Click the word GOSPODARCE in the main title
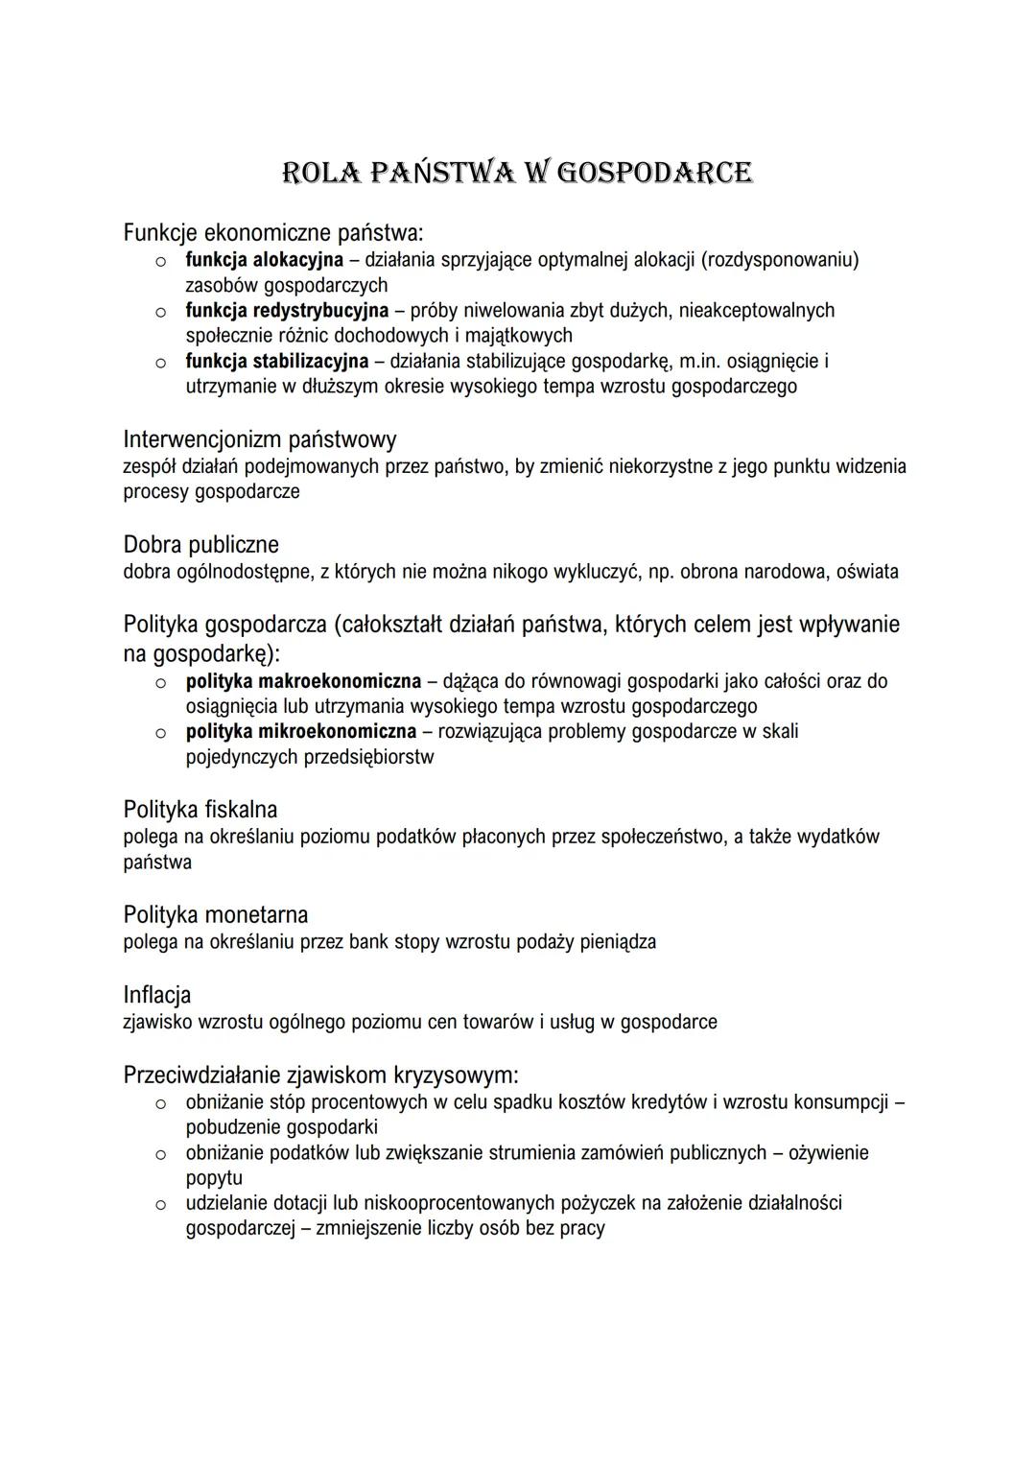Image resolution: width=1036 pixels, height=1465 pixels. point(654,173)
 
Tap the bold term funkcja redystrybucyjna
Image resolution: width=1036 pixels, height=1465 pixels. point(287,311)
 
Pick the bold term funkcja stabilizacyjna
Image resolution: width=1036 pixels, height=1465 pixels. point(276,362)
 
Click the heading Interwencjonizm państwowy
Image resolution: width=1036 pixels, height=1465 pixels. point(259,439)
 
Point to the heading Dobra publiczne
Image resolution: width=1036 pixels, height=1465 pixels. point(200,545)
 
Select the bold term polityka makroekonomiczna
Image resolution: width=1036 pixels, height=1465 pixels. point(303,681)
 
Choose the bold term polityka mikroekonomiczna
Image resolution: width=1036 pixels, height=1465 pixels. point(301,732)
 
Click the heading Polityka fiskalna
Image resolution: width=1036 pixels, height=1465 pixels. point(200,810)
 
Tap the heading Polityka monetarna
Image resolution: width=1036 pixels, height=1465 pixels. point(215,915)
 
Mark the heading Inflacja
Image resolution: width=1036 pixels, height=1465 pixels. point(156,995)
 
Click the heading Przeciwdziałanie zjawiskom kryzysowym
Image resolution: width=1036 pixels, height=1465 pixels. point(320,1075)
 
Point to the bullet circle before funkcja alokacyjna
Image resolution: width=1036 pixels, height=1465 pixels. point(161,261)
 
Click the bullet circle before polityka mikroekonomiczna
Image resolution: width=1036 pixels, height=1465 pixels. point(161,733)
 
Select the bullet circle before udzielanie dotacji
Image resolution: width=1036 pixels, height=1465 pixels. point(161,1204)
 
